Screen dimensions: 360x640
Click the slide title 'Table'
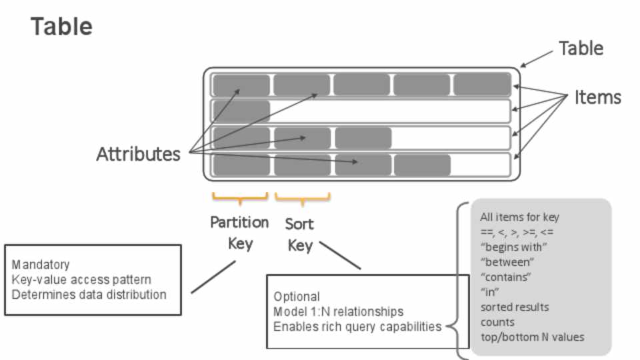click(61, 27)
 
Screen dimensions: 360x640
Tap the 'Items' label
click(597, 98)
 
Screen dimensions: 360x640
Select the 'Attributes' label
click(138, 154)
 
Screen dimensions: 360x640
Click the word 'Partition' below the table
click(239, 222)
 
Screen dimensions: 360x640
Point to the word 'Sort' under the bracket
click(299, 223)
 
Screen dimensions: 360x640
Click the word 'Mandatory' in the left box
click(41, 265)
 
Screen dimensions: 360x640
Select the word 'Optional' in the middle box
click(297, 297)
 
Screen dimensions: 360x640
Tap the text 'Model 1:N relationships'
click(338, 311)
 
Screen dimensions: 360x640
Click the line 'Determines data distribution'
click(89, 294)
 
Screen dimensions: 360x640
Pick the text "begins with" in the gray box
click(513, 247)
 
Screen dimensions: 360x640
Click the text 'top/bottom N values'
click(532, 337)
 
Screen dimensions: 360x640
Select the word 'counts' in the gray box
click(497, 322)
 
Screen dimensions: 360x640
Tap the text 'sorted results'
click(515, 307)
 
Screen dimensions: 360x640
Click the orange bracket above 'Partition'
click(240, 197)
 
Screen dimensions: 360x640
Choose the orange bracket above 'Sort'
click(303, 197)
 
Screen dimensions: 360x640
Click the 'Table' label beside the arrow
click(581, 49)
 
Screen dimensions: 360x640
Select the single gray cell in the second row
click(241, 111)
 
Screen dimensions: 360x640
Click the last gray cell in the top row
click(482, 85)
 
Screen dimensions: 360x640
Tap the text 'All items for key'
click(519, 217)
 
